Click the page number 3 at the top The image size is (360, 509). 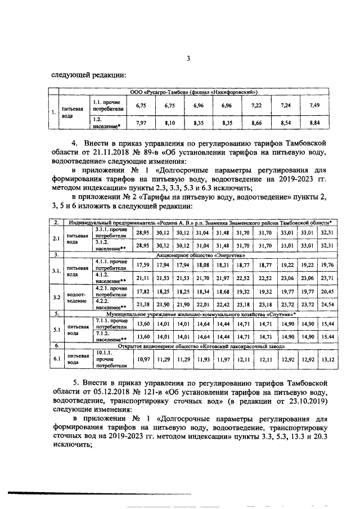pos(190,58)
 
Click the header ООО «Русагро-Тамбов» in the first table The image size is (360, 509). pos(193,91)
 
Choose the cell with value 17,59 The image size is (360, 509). pos(143,264)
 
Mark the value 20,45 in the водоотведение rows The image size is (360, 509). pos(326,292)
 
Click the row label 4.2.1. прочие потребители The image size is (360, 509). pos(110,292)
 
